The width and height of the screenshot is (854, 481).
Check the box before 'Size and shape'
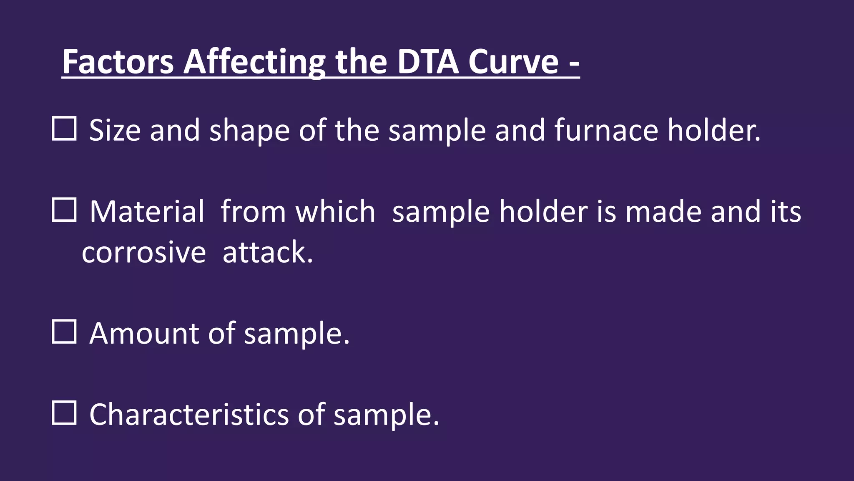pos(64,129)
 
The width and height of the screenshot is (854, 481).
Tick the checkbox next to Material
pos(64,210)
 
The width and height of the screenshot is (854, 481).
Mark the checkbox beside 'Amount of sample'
pos(64,332)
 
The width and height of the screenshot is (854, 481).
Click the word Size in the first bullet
pos(115,130)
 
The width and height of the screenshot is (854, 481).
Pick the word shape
pos(249,130)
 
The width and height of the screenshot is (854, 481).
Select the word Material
pos(147,211)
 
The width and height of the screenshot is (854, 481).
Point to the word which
pos(335,211)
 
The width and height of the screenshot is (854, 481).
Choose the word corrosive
pos(144,253)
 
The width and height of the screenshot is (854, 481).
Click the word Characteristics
pos(189,414)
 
